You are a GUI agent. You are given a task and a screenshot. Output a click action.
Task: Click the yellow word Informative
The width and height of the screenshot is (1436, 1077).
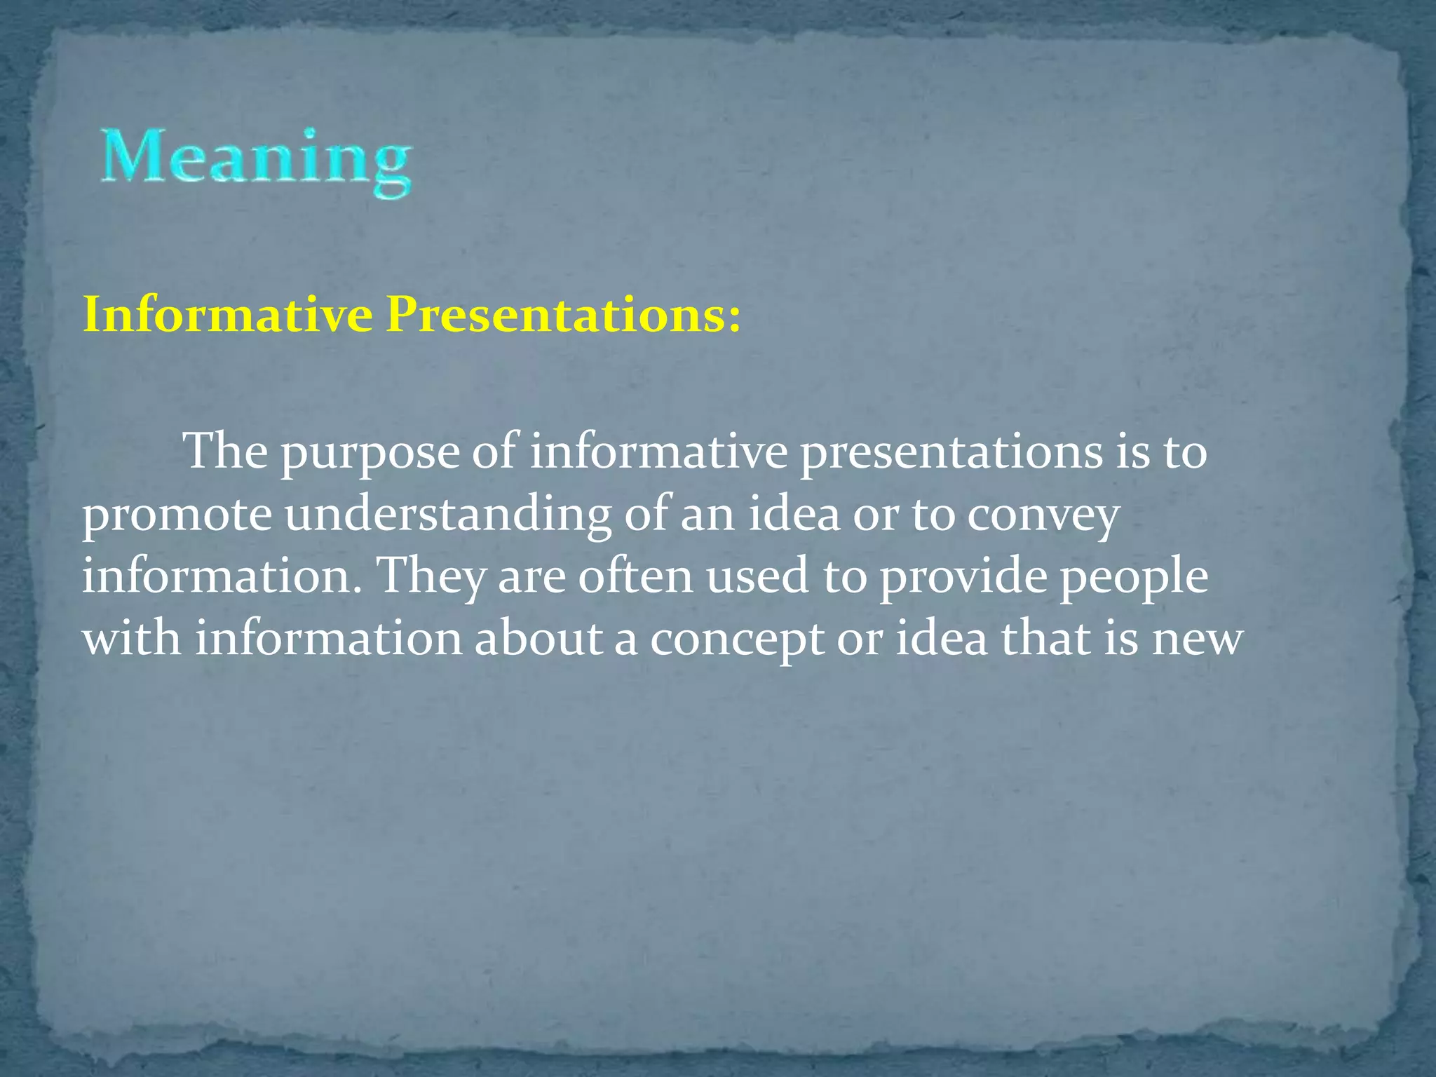(227, 315)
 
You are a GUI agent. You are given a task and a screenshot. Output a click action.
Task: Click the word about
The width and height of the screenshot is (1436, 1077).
(538, 639)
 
